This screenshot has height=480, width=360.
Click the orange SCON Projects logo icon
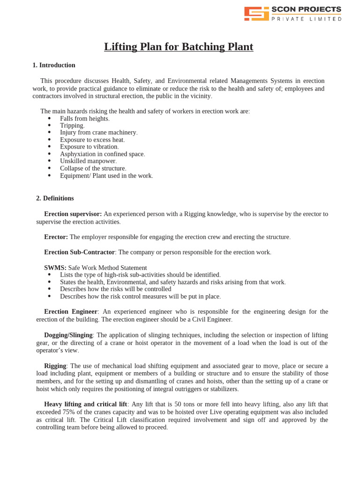256,14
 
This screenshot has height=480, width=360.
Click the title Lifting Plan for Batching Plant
179,47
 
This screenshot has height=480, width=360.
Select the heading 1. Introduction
54,65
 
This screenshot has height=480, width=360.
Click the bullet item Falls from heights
84,119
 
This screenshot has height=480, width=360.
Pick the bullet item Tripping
72,126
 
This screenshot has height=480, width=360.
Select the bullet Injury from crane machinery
98,133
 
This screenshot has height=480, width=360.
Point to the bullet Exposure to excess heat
92,140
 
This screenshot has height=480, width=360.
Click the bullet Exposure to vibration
89,147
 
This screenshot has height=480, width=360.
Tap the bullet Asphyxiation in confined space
102,154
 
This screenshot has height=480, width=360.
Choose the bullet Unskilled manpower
88,161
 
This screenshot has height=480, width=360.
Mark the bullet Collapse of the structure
93,168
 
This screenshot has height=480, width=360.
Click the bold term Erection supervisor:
73,214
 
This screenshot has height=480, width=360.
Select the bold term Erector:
56,237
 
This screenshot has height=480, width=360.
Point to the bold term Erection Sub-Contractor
79,252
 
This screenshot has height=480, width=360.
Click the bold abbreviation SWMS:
55,268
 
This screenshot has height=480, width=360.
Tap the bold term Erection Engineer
70,312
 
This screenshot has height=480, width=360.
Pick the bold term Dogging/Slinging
68,335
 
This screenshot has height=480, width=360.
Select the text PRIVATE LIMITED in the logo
307,19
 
